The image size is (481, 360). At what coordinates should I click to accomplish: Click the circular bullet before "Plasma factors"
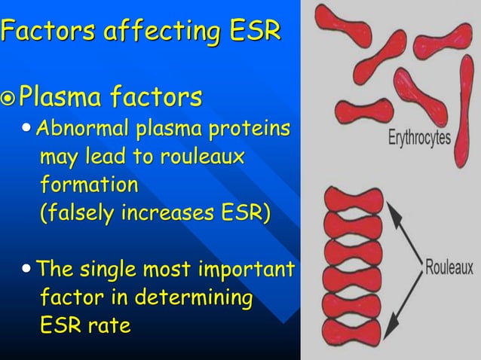(x=8, y=98)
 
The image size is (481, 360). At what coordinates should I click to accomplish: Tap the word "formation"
(x=88, y=184)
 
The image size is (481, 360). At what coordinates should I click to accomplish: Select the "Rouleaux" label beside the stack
(x=448, y=267)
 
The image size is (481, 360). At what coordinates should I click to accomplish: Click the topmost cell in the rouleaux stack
(x=352, y=201)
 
